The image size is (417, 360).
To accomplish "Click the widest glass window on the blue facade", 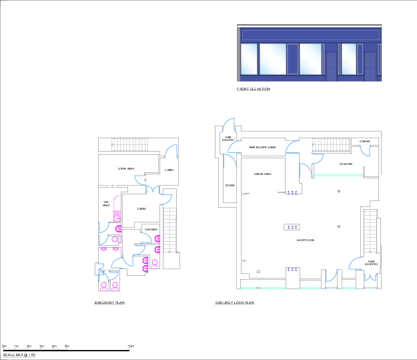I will coord(272,59).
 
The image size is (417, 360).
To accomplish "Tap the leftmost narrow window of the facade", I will coord(249,59).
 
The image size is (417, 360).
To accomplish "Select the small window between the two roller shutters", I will coord(349,59).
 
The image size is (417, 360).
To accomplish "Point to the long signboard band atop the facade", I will coord(310,35).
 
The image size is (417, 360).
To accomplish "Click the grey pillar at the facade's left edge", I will coord(239,54).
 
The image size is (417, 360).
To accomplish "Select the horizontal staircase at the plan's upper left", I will coord(129,145).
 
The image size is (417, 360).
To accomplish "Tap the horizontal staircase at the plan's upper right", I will coord(330,145).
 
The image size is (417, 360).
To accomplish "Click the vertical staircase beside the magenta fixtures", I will coord(170,230).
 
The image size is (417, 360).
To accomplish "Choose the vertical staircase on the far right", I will coord(370,231).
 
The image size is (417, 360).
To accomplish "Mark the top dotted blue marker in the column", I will coord(292,193).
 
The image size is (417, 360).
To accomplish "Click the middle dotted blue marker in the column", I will coord(292,228).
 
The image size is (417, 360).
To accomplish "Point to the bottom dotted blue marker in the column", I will coord(292,270).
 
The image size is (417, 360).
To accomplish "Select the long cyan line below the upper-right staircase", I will coord(339,175).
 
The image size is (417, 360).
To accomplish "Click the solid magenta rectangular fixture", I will coord(117,215).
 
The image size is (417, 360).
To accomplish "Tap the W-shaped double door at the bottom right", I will coord(370,277).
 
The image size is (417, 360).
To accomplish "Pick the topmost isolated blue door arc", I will coord(230,124).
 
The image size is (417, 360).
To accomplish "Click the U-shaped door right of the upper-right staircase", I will coord(365,151).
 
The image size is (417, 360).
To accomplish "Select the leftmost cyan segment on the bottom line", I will coord(248,288).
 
